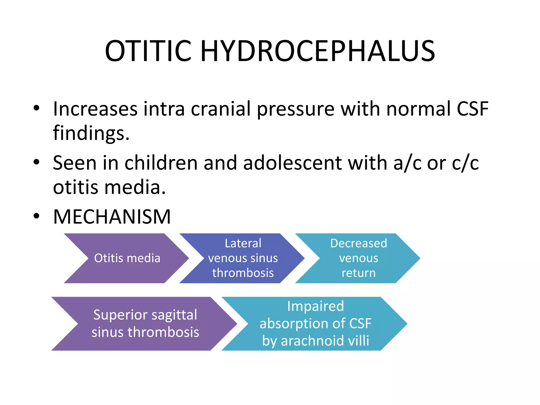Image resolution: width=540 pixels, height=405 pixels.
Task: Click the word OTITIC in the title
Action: click(148, 51)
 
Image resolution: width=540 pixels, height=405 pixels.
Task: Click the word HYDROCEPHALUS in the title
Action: click(317, 51)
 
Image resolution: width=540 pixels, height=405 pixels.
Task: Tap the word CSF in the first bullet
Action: click(472, 109)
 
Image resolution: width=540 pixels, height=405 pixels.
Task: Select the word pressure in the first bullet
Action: click(296, 109)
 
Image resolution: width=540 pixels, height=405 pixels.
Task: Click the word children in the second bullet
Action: click(161, 163)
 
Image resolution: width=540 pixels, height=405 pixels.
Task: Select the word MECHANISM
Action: click(112, 217)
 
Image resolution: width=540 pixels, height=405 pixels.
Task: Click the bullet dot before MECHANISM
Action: click(36, 216)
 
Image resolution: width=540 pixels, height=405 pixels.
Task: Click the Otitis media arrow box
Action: click(127, 258)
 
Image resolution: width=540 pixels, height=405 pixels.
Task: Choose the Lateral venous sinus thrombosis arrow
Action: click(243, 258)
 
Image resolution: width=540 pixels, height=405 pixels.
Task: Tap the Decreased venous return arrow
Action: click(358, 258)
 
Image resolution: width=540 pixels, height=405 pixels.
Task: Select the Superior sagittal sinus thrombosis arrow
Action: click(145, 324)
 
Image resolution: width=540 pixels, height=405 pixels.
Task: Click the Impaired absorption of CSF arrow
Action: click(315, 324)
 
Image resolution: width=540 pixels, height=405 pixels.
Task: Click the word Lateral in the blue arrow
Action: click(243, 243)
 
